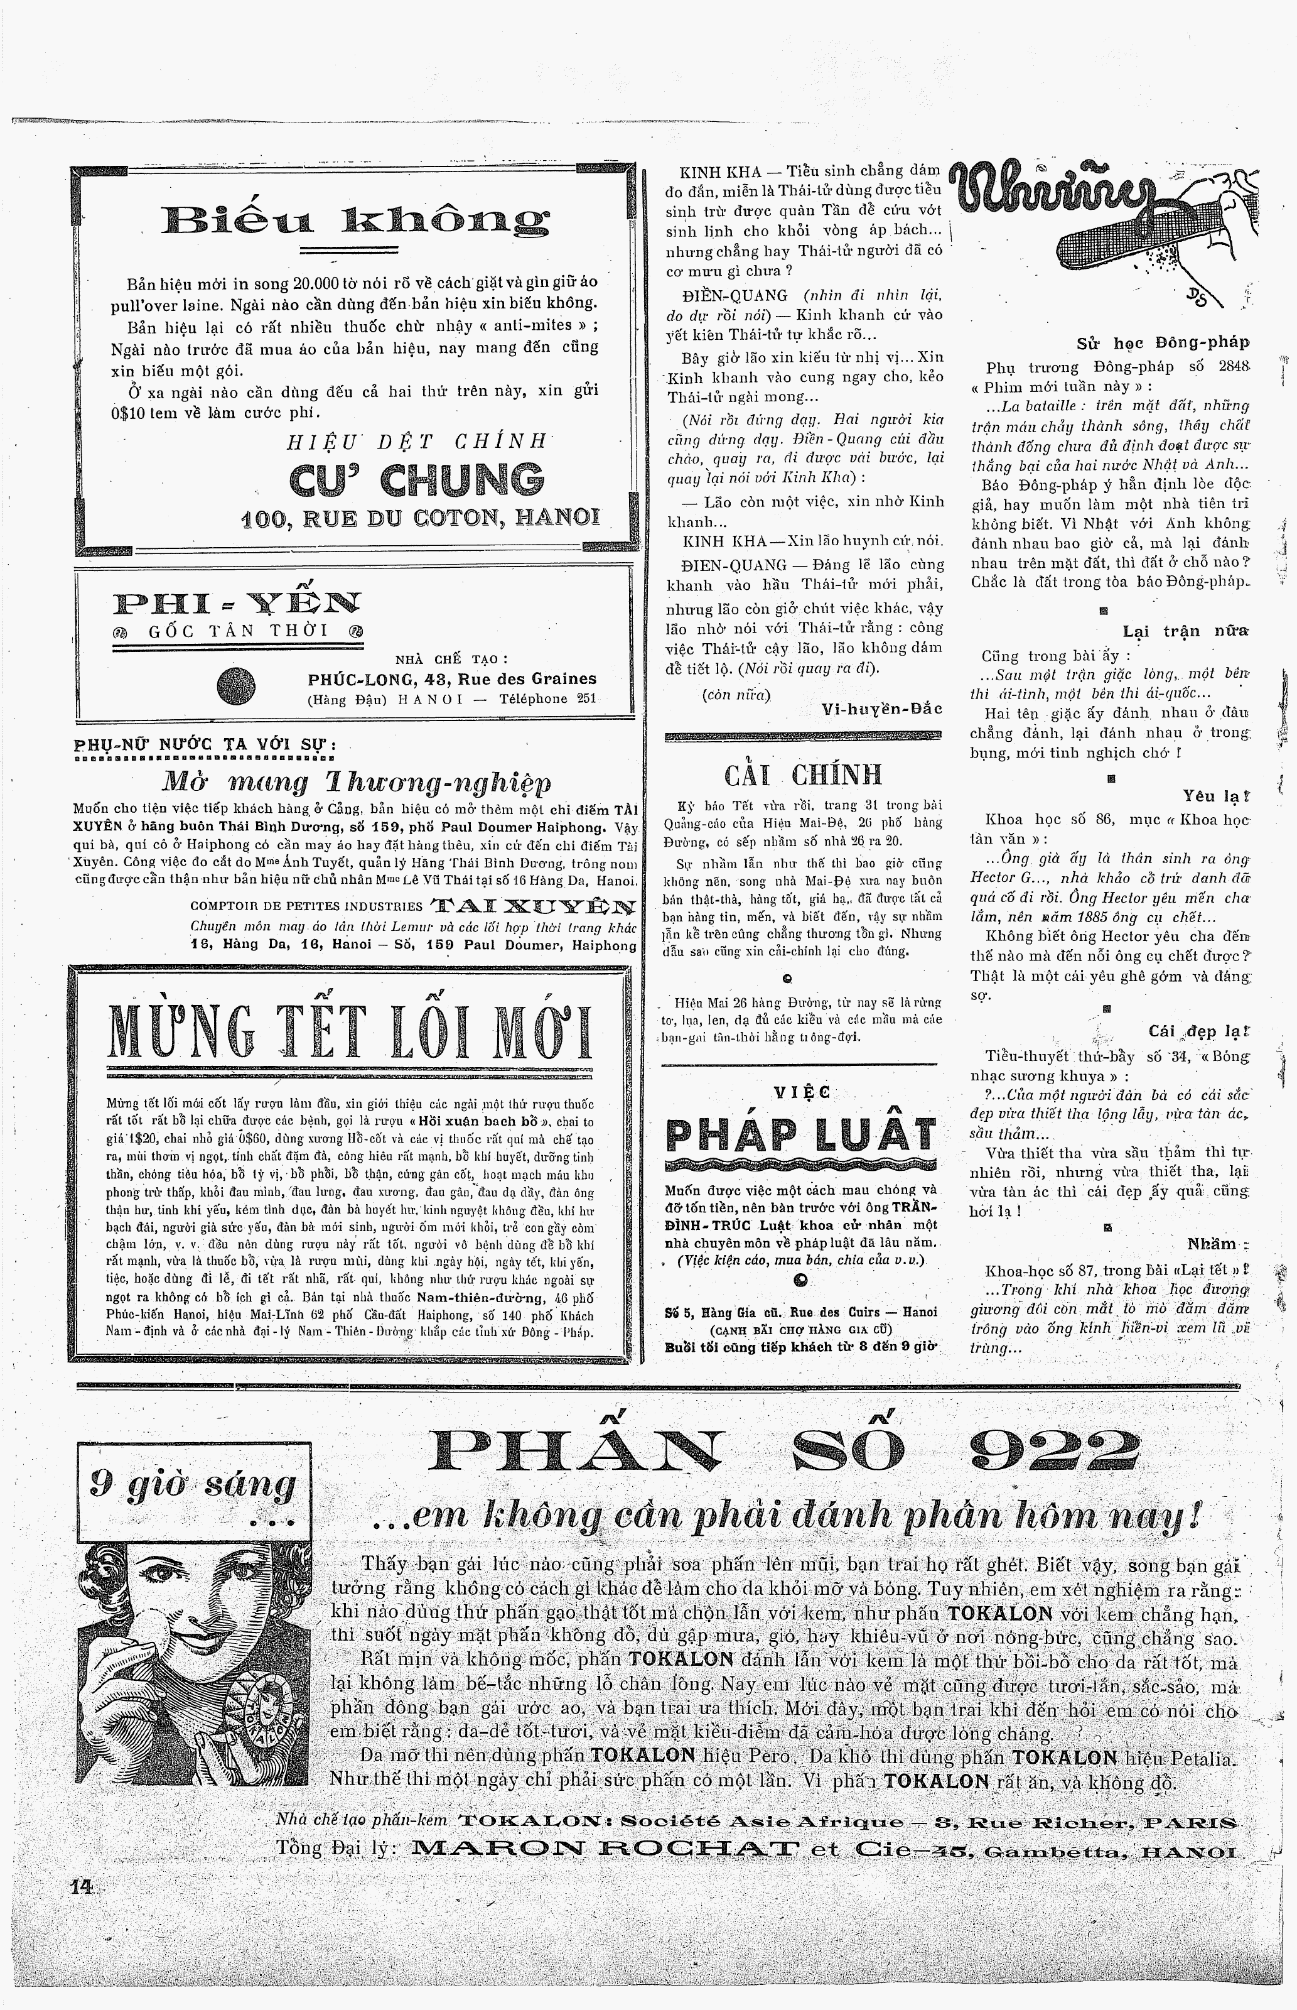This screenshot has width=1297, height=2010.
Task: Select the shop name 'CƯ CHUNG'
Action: click(x=416, y=480)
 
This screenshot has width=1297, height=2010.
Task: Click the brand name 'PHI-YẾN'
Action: click(x=237, y=602)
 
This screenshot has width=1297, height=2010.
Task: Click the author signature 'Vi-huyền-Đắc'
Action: click(x=882, y=709)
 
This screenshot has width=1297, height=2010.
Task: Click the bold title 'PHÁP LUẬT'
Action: click(x=800, y=1135)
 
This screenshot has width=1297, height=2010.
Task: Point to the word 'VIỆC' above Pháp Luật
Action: click(x=801, y=1092)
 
